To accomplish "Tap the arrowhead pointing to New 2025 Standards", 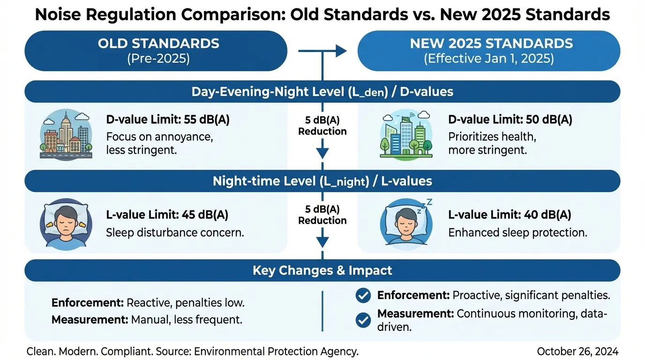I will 341,51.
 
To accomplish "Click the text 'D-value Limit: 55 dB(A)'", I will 168,120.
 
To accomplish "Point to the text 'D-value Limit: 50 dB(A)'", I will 510,120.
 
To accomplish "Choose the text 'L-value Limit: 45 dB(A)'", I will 167,215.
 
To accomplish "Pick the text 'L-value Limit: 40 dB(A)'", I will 510,215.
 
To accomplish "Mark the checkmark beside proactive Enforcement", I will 363,295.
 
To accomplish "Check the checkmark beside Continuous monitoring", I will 363,320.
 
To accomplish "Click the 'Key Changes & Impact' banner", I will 322,270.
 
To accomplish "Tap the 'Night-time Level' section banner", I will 322,181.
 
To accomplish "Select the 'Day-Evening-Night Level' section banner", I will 322,91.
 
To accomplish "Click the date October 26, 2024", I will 577,352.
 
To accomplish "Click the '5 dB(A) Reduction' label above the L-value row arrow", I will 322,215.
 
